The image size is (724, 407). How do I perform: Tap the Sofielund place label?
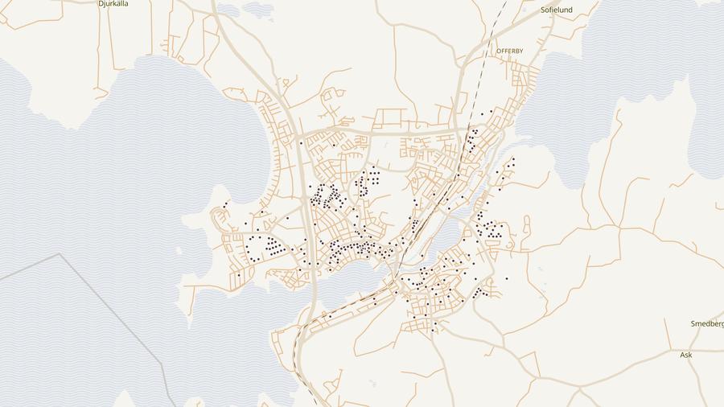click(557, 10)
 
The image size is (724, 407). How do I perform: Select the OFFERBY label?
click(510, 51)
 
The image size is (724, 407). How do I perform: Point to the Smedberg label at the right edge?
click(707, 323)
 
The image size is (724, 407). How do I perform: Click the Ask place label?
click(685, 354)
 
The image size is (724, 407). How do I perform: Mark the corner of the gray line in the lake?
click(60, 254)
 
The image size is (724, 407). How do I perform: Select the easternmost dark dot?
click(513, 158)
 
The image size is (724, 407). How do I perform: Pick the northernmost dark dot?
click(491, 110)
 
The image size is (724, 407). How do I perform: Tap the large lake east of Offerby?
click(636, 72)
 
